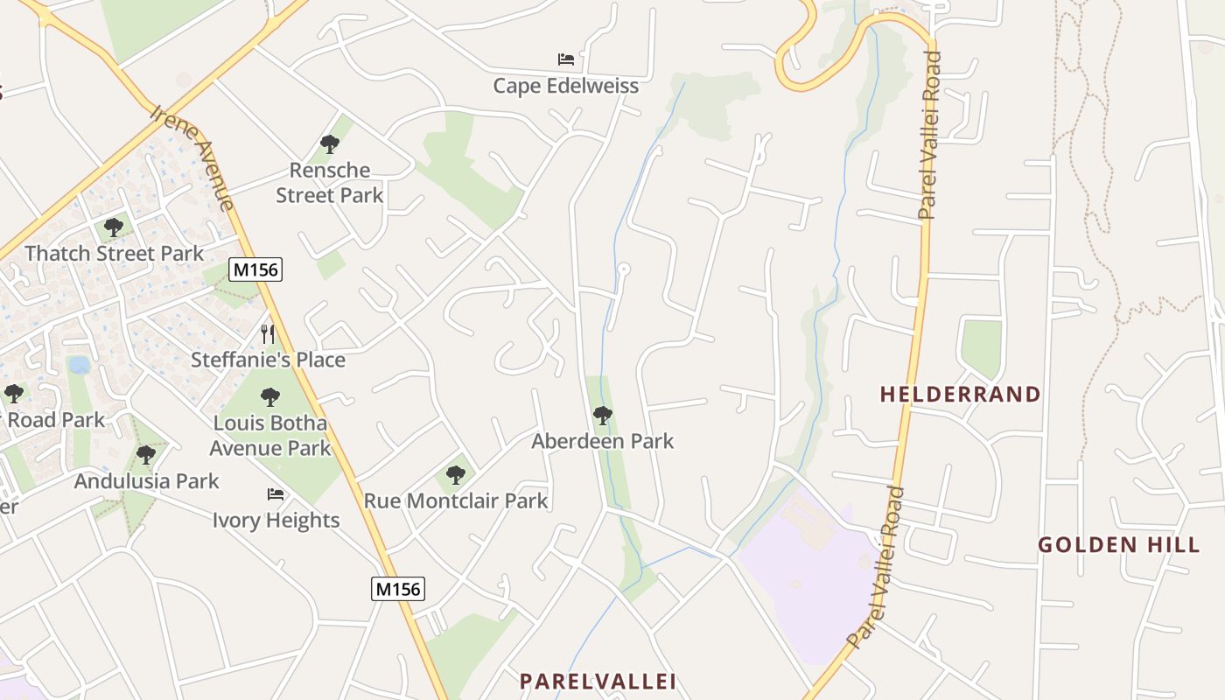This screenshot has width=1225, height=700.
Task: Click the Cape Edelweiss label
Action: click(x=565, y=86)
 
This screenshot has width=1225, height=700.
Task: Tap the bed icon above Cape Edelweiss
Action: click(x=566, y=59)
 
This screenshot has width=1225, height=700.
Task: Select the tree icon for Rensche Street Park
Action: click(x=330, y=143)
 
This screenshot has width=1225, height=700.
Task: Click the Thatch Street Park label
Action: click(x=115, y=254)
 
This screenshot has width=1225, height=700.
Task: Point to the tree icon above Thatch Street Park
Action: click(x=113, y=227)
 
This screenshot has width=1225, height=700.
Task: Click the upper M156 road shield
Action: click(x=256, y=269)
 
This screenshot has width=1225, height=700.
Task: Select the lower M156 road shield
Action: click(x=398, y=589)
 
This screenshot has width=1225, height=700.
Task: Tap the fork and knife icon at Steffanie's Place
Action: click(x=269, y=333)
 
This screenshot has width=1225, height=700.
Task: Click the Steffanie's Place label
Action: click(x=269, y=360)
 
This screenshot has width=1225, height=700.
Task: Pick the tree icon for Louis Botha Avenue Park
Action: click(x=270, y=397)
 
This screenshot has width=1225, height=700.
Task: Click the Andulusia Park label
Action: click(x=147, y=481)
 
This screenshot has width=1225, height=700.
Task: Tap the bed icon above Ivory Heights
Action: click(x=276, y=494)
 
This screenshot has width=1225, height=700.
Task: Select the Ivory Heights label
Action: click(x=276, y=521)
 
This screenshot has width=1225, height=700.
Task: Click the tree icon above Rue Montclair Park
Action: click(x=455, y=475)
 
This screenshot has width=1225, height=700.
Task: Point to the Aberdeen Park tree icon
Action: click(x=602, y=415)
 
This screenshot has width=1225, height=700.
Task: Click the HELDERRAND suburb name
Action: click(x=960, y=395)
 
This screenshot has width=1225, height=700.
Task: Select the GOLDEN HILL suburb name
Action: click(x=1118, y=545)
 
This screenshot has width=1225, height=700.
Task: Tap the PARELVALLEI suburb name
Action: click(x=598, y=681)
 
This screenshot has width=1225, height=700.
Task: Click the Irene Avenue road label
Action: click(x=194, y=158)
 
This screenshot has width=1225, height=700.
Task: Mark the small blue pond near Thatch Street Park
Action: click(x=79, y=364)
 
